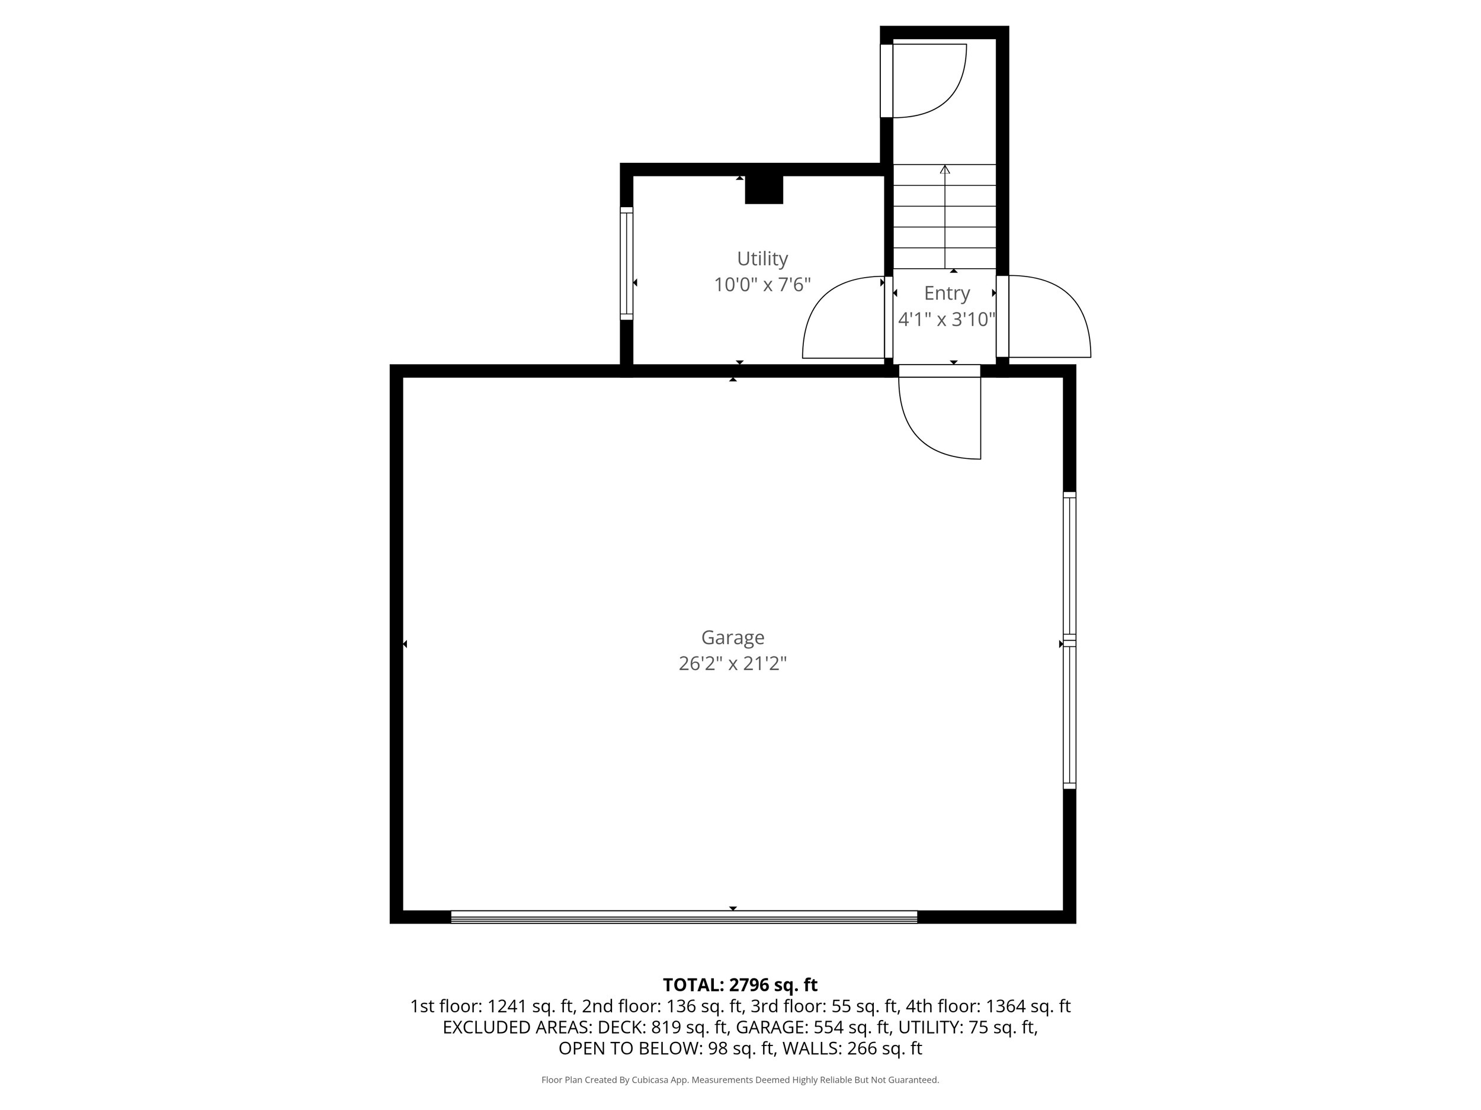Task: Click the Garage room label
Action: click(732, 637)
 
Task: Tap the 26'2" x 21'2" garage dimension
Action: click(732, 664)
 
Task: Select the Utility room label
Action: click(762, 258)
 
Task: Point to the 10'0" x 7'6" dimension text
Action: click(762, 285)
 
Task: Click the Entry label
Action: click(947, 293)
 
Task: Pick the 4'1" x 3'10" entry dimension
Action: click(947, 320)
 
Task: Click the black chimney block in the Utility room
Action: click(764, 189)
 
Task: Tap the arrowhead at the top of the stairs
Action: click(945, 169)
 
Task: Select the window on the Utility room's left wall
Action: click(627, 263)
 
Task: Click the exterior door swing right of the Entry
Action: click(1048, 318)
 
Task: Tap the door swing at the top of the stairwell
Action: click(927, 81)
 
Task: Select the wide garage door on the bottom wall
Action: click(683, 916)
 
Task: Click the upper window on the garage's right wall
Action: click(1069, 564)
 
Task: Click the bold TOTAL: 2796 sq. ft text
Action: click(740, 985)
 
